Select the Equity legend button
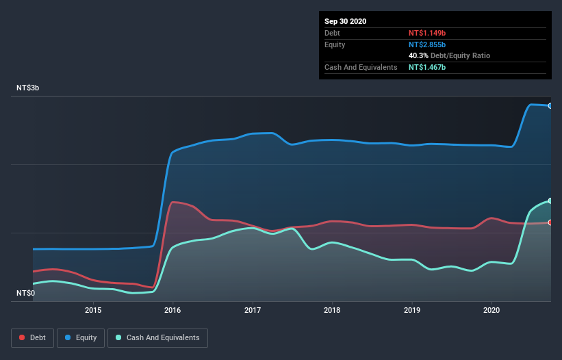pos(81,337)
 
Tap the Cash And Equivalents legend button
pos(157,337)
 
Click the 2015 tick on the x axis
pos(93,310)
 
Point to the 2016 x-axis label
pos(173,310)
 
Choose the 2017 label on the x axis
pos(253,310)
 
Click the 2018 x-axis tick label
pos(332,310)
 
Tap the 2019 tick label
pos(412,310)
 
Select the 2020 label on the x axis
pos(491,310)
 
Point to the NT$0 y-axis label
pos(27,293)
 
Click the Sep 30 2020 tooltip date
pos(346,21)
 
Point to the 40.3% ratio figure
pos(420,55)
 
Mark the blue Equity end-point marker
pos(550,105)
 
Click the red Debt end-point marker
pos(550,222)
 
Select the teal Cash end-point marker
pos(550,201)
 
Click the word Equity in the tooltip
pos(335,44)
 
